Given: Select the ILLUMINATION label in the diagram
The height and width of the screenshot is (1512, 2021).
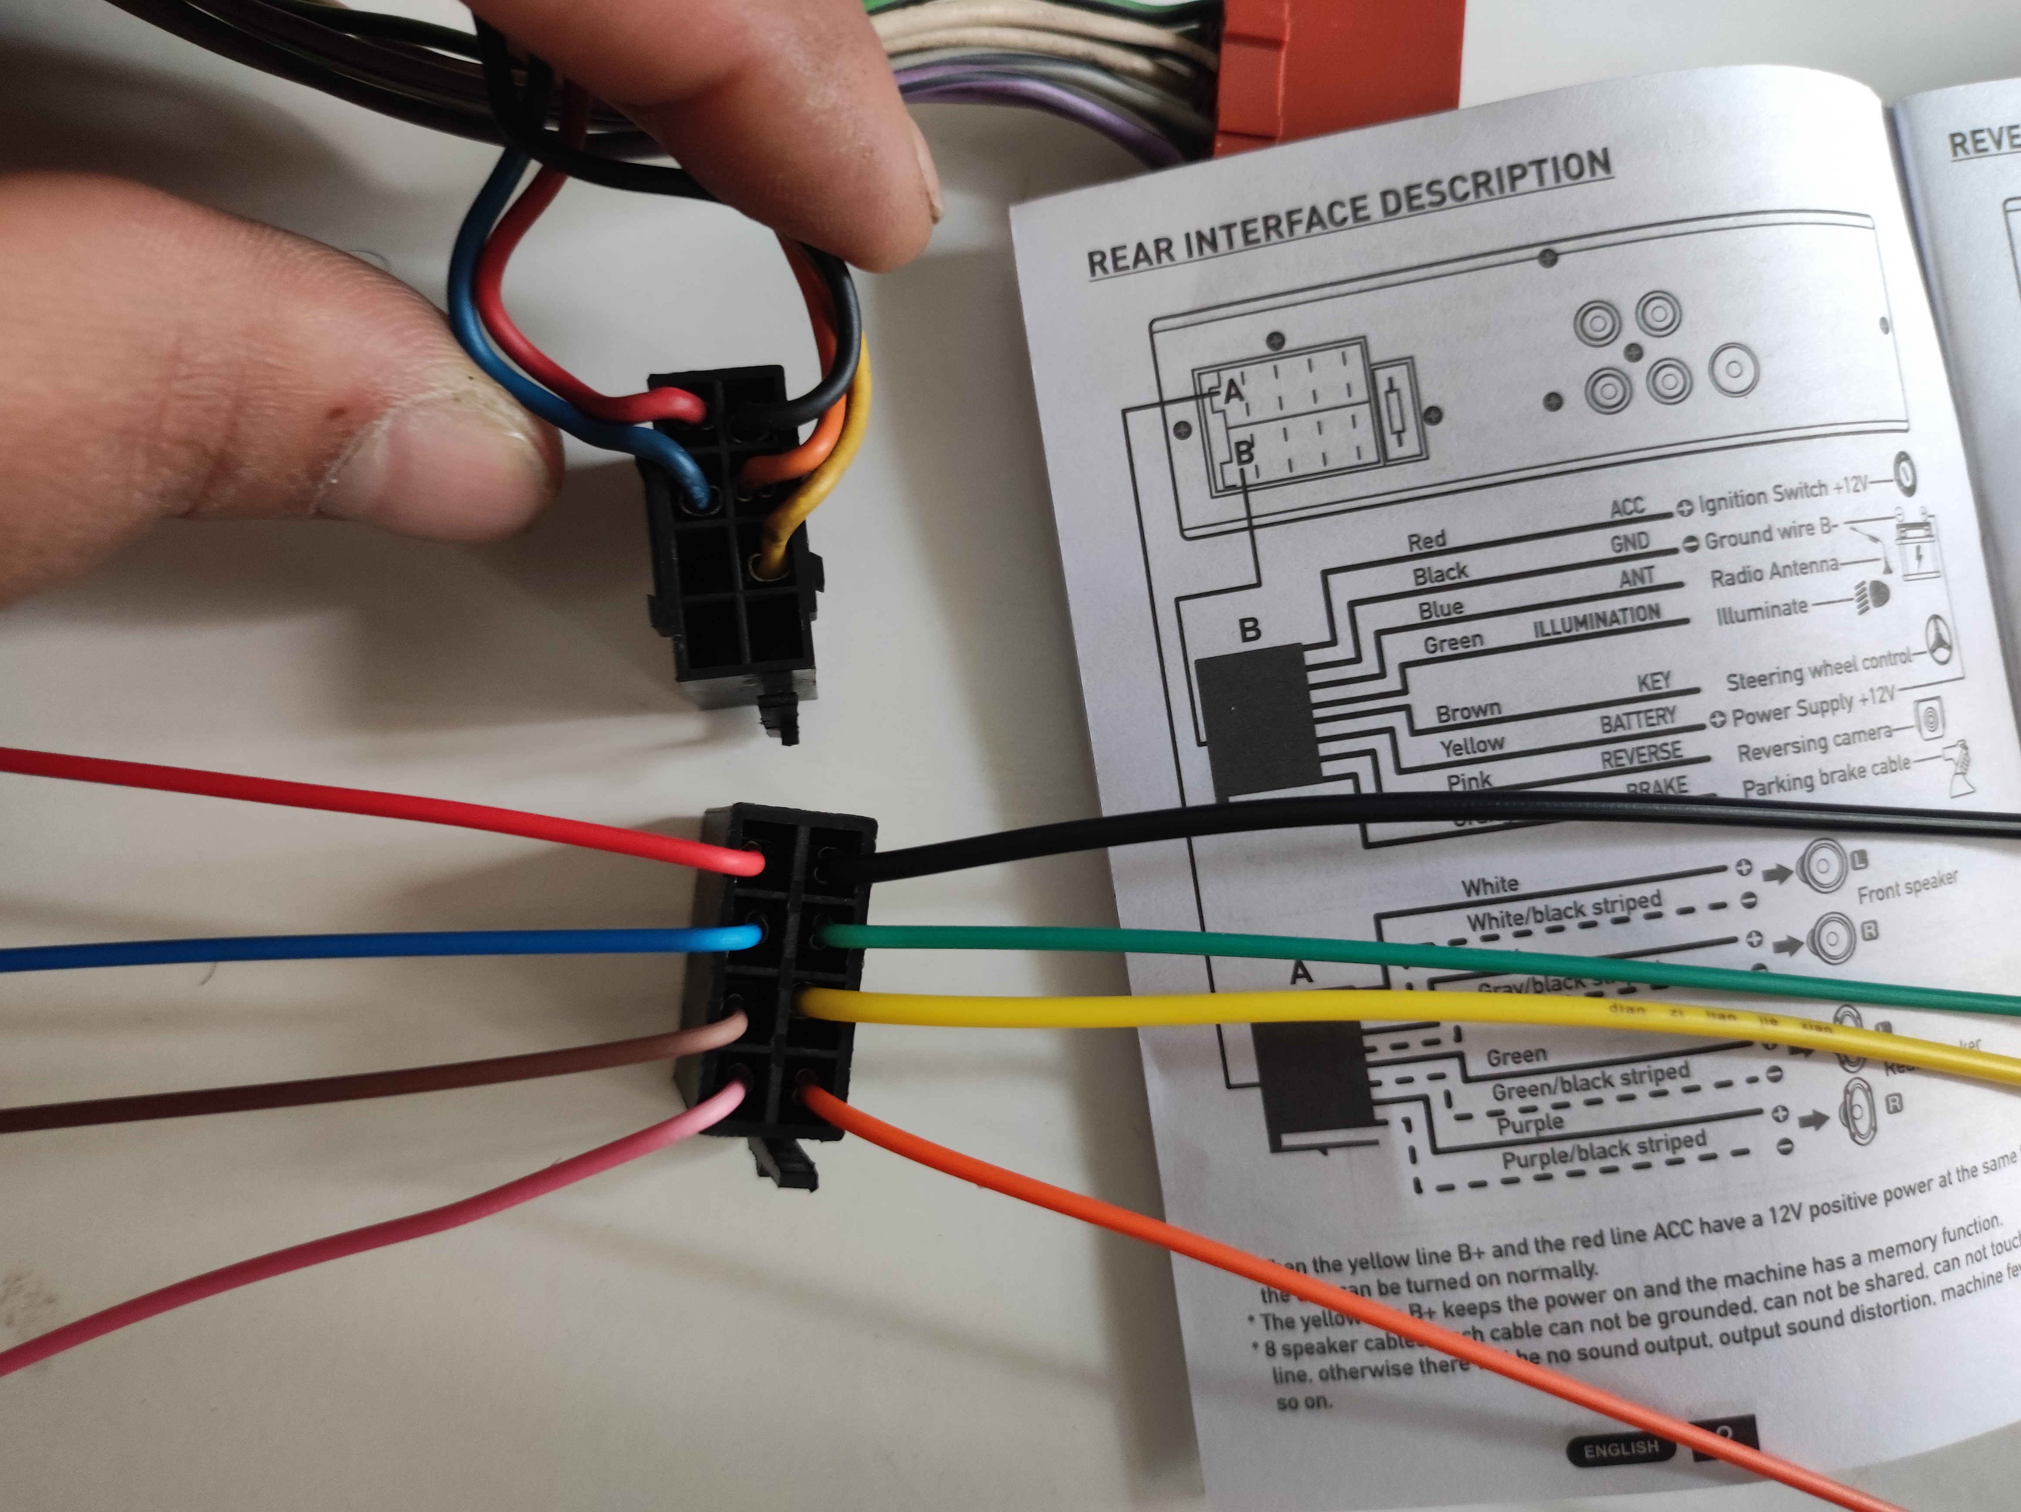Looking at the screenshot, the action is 1596,621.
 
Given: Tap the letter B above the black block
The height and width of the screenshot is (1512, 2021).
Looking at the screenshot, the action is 1249,628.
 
